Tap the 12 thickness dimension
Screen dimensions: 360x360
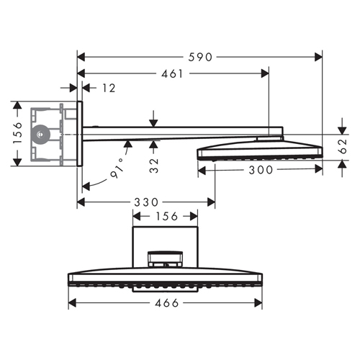(109, 88)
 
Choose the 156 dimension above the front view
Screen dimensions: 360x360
(167, 217)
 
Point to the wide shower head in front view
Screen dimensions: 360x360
(165, 282)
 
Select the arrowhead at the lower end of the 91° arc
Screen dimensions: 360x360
(86, 186)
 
